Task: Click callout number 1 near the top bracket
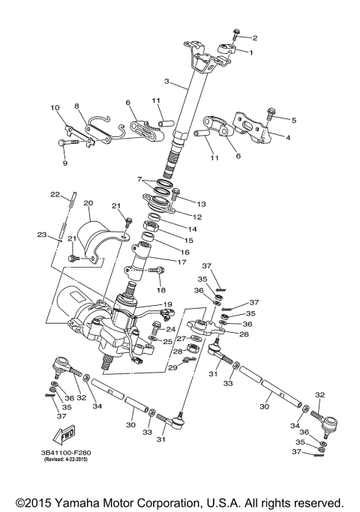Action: pos(251,52)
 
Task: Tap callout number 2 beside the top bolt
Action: pos(254,37)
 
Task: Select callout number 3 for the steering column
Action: pos(168,82)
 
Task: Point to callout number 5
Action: pos(294,120)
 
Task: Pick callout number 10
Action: pos(55,108)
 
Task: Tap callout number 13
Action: pos(201,204)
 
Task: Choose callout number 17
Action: pos(181,262)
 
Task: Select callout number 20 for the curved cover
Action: pos(88,203)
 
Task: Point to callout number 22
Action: pos(55,195)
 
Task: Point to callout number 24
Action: pos(171,329)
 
